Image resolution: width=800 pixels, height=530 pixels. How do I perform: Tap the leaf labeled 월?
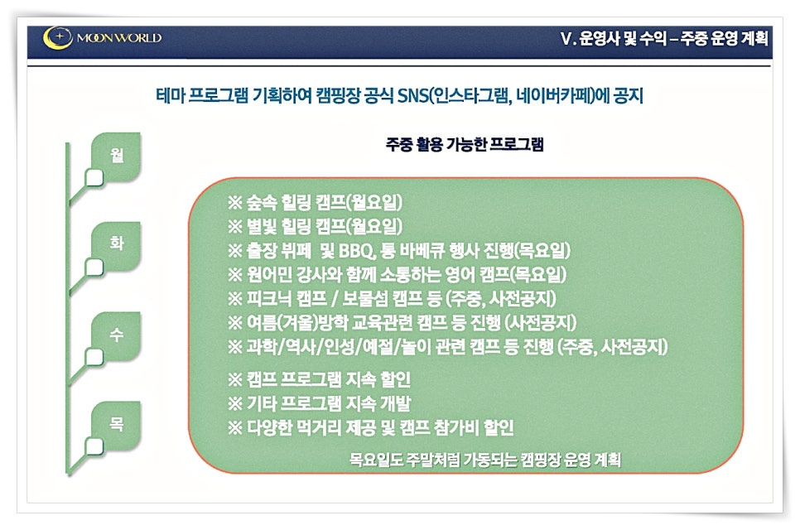point(116,157)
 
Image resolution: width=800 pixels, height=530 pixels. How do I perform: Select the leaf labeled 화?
point(116,246)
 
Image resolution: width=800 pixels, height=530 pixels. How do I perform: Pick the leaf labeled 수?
point(116,335)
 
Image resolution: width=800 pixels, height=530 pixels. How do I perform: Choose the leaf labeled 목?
point(116,426)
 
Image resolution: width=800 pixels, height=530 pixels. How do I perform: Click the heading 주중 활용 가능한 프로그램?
point(465,144)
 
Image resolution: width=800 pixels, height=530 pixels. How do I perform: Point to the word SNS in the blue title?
point(413,95)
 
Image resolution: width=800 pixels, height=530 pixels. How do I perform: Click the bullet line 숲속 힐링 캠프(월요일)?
point(315,203)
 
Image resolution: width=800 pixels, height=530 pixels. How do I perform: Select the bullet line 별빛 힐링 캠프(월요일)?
point(315,226)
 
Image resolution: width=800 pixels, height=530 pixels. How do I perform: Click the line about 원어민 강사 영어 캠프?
point(397,275)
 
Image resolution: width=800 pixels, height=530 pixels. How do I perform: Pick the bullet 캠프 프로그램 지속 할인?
point(319,379)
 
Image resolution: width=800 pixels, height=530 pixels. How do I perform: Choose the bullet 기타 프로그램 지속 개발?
point(319,403)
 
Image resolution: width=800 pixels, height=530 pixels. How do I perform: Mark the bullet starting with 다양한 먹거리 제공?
point(370,427)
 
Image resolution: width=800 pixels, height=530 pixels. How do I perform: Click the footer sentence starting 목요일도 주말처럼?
point(484,460)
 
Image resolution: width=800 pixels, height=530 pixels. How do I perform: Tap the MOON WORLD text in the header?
point(119,38)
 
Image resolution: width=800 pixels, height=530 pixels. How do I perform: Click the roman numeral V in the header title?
point(566,38)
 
